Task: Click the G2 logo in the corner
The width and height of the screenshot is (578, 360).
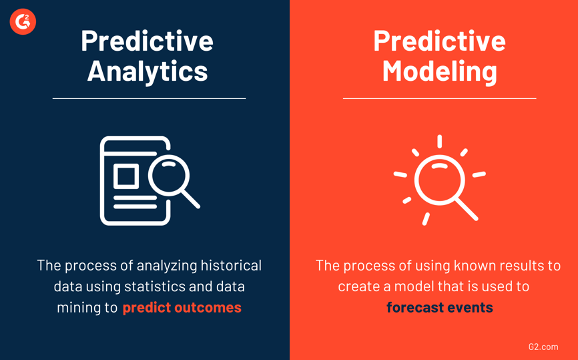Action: [23, 22]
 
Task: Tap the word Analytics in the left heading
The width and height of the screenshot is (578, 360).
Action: [148, 71]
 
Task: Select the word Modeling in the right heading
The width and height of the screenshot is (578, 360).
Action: [439, 71]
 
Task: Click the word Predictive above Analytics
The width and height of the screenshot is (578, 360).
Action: [148, 40]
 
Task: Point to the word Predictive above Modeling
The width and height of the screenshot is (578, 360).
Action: [439, 40]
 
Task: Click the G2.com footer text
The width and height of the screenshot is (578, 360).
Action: [543, 347]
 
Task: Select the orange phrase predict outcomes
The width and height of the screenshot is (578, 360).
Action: [182, 307]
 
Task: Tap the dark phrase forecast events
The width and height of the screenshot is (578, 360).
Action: [439, 307]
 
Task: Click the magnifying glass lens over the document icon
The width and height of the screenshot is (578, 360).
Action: [170, 175]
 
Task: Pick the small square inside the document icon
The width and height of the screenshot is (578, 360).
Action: [125, 176]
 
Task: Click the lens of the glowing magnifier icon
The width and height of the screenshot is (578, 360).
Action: [439, 180]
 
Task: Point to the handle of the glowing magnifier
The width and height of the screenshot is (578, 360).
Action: [467, 210]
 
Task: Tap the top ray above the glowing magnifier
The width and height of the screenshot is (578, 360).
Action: [439, 141]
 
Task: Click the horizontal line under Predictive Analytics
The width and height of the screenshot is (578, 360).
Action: [149, 98]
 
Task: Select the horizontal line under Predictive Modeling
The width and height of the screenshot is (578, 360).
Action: [439, 98]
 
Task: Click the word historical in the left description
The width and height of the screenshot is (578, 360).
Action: [230, 265]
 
